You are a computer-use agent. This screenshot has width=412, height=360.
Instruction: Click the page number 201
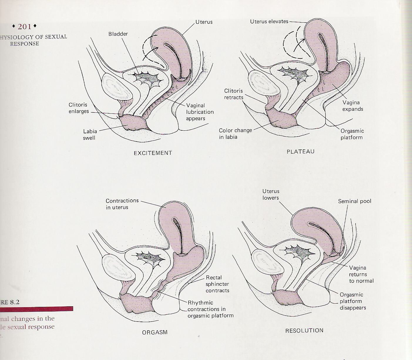click(x=24, y=27)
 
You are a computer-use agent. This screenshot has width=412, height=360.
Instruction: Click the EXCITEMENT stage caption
click(x=153, y=153)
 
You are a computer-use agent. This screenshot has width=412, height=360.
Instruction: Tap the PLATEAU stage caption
click(x=300, y=152)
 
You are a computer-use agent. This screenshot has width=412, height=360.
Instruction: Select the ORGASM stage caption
click(x=155, y=332)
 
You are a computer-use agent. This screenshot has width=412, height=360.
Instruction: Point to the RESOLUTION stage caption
click(x=304, y=331)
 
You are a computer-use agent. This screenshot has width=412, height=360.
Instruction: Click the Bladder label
click(x=118, y=34)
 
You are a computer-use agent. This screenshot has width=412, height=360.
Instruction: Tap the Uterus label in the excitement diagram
click(x=204, y=22)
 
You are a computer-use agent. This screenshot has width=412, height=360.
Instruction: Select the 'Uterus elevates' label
click(x=269, y=21)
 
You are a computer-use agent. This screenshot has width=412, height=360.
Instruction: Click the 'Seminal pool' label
click(x=354, y=201)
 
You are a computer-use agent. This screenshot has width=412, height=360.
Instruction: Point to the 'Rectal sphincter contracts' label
click(x=217, y=284)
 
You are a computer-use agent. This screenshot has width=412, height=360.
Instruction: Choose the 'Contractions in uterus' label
click(x=122, y=204)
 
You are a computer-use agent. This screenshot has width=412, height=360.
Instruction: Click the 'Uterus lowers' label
click(x=271, y=194)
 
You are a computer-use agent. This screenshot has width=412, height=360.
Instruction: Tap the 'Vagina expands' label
click(x=353, y=106)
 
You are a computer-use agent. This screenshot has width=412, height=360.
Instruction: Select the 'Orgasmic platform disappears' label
click(x=353, y=301)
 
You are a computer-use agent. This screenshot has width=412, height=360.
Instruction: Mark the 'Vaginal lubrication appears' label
click(x=200, y=112)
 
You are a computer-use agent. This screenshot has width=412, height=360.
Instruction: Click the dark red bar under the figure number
click(x=37, y=309)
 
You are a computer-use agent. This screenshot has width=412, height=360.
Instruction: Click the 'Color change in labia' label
click(x=235, y=134)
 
